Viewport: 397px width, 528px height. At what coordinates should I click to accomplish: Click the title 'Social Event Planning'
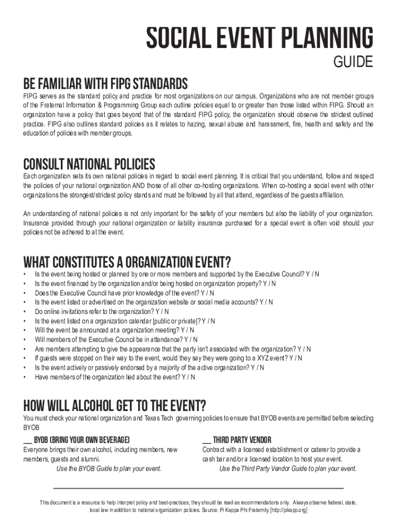259,39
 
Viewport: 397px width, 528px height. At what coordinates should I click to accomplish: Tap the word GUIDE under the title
353,62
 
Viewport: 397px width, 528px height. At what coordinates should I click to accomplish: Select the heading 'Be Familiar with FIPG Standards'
105,84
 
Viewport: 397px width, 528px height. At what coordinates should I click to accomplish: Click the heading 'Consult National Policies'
89,164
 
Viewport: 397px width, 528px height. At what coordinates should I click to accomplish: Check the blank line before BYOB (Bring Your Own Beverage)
28,440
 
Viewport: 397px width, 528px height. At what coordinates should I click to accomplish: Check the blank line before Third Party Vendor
206,440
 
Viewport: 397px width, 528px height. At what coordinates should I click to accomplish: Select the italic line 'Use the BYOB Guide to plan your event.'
109,469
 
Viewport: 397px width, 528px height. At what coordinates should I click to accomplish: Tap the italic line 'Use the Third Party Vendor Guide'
288,469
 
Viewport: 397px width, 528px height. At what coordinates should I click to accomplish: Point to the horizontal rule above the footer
198,488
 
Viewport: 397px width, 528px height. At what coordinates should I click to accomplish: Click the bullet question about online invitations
102,311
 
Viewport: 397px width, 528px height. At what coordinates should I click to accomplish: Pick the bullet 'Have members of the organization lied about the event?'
115,377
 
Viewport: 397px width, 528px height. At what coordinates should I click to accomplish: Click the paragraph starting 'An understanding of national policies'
198,223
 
